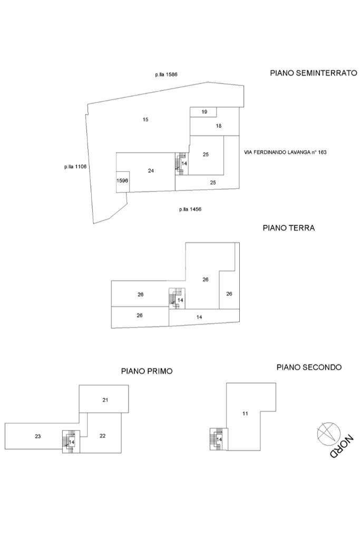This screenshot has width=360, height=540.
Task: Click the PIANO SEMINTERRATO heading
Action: pyautogui.click(x=313, y=73)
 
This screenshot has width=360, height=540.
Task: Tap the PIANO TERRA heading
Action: pyautogui.click(x=288, y=228)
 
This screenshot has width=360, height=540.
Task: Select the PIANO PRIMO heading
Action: pyautogui.click(x=147, y=371)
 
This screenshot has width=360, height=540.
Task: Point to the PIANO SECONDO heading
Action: pyautogui.click(x=309, y=367)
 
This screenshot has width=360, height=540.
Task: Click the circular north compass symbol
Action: pyautogui.click(x=326, y=432)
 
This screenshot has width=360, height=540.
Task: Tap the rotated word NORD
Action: pyautogui.click(x=342, y=446)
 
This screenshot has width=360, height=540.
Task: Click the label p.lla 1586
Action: pyautogui.click(x=166, y=75)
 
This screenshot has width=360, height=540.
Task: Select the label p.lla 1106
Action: pyautogui.click(x=75, y=167)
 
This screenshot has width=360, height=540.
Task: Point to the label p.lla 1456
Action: pyautogui.click(x=190, y=209)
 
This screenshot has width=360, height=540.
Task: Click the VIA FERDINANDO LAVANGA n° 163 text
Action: pyautogui.click(x=285, y=152)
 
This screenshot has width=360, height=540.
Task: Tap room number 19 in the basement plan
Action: pyautogui.click(x=205, y=112)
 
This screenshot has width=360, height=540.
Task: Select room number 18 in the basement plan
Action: pyautogui.click(x=218, y=126)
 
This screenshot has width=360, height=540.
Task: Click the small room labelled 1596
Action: pyautogui.click(x=122, y=181)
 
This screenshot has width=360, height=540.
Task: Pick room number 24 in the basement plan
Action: pyautogui.click(x=151, y=170)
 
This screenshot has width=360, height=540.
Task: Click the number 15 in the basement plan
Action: pyautogui.click(x=145, y=119)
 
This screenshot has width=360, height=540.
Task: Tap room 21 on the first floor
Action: pyautogui.click(x=105, y=400)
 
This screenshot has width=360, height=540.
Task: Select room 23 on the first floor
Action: pyautogui.click(x=38, y=436)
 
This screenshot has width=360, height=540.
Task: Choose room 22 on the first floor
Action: pyautogui.click(x=102, y=436)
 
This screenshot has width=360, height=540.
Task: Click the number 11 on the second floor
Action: pyautogui.click(x=245, y=413)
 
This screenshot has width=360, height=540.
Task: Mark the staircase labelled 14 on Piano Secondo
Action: pyautogui.click(x=217, y=439)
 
